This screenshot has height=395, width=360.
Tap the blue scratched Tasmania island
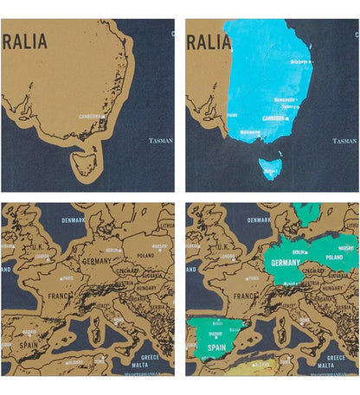[270, 167]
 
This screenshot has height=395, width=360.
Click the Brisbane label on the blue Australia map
[300, 62]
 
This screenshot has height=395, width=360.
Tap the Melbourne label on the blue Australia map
[249, 132]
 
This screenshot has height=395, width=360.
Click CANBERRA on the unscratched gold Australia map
[92, 116]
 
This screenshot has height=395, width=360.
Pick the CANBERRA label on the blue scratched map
[274, 120]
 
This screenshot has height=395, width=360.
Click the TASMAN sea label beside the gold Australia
[161, 139]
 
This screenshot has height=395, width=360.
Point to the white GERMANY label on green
[286, 262]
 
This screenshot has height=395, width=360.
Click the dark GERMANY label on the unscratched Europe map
[97, 260]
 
